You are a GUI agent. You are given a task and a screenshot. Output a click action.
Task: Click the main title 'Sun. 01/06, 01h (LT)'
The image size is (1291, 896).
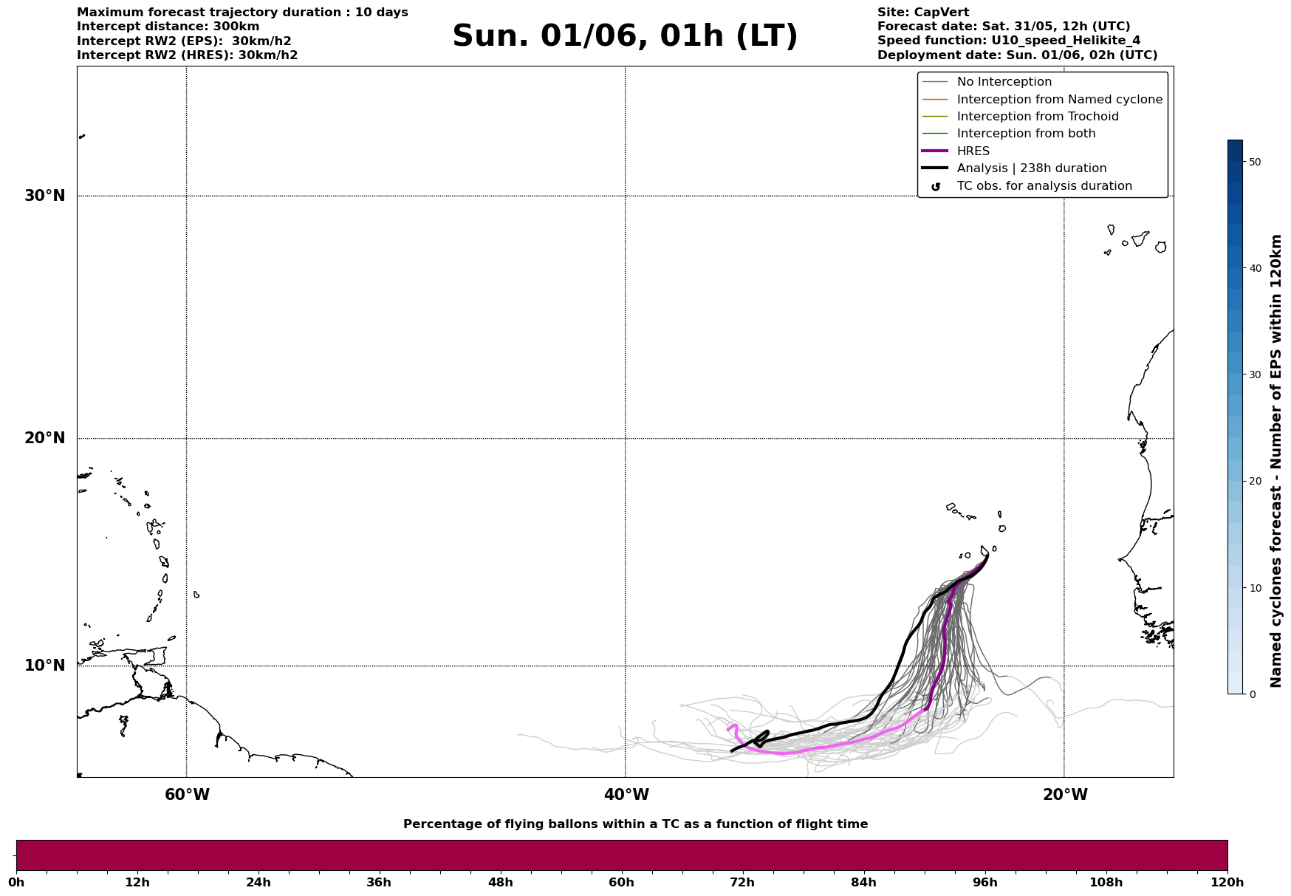[625, 36]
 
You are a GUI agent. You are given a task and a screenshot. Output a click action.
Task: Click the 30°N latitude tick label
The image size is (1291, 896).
[44, 196]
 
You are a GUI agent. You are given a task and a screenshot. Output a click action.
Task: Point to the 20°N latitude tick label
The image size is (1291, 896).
[44, 438]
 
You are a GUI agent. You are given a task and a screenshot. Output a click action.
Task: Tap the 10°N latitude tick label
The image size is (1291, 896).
[44, 666]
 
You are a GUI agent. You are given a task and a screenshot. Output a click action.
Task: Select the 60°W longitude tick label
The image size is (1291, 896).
[187, 795]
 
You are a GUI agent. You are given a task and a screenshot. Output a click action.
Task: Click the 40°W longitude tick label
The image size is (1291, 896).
[626, 795]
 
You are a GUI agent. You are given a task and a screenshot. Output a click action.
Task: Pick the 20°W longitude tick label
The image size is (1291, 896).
[1064, 795]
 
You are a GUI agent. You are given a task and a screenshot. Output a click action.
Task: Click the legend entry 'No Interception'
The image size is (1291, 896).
[1004, 82]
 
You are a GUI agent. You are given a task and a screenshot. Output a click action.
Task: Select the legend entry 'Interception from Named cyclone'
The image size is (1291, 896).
[1059, 100]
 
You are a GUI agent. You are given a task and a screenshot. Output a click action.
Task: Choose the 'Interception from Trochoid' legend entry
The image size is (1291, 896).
[1037, 117]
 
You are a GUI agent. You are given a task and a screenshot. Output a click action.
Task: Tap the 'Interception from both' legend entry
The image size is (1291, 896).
[1026, 134]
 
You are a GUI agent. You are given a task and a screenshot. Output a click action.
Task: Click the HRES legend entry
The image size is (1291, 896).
[973, 151]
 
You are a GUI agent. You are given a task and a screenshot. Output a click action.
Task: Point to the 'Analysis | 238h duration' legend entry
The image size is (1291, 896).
[1031, 168]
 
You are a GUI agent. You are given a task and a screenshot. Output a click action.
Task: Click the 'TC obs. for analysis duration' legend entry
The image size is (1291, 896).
[1044, 186]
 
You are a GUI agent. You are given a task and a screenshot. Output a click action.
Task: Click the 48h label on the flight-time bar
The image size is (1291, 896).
[500, 883]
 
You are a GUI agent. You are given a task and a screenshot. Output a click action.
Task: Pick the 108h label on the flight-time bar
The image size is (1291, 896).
[1106, 883]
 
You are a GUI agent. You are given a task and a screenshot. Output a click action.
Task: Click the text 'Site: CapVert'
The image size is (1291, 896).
[922, 13]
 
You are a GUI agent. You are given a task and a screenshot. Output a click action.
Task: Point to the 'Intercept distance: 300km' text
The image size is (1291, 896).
[168, 27]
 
